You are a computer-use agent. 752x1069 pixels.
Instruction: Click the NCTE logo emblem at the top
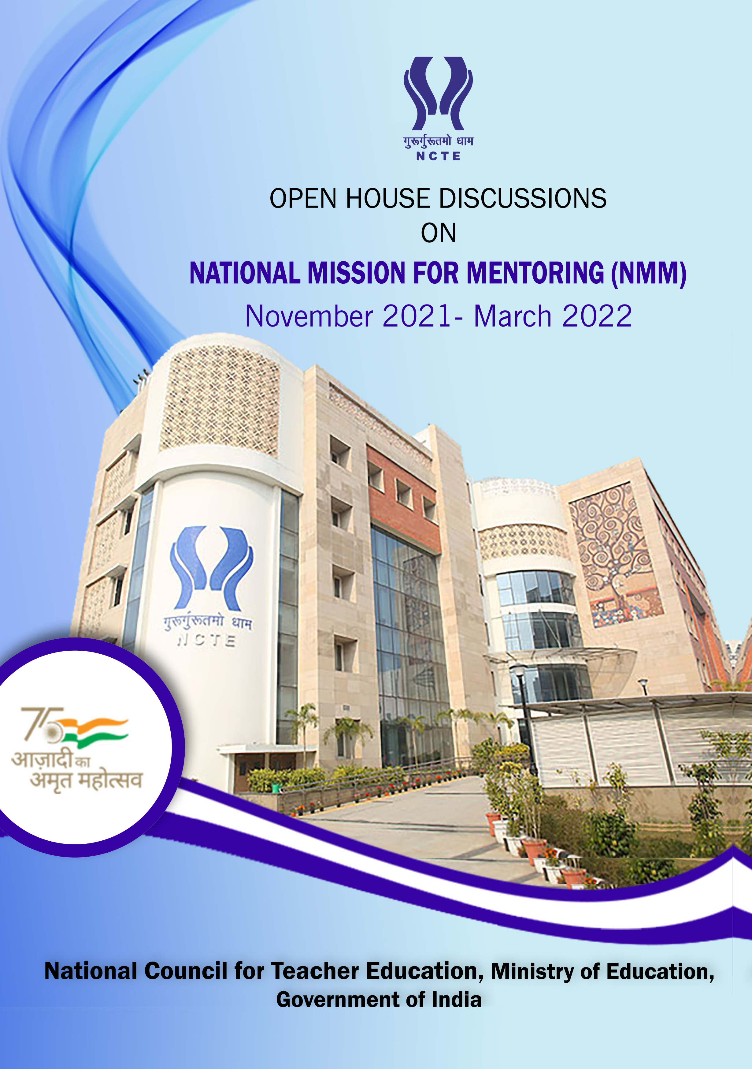438,93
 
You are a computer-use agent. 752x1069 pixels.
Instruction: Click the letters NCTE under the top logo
438,156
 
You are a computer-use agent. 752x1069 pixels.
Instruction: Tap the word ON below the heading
438,233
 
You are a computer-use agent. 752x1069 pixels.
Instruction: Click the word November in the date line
309,317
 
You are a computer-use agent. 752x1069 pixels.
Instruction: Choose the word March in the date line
513,317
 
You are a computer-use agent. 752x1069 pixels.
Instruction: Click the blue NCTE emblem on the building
212,568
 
